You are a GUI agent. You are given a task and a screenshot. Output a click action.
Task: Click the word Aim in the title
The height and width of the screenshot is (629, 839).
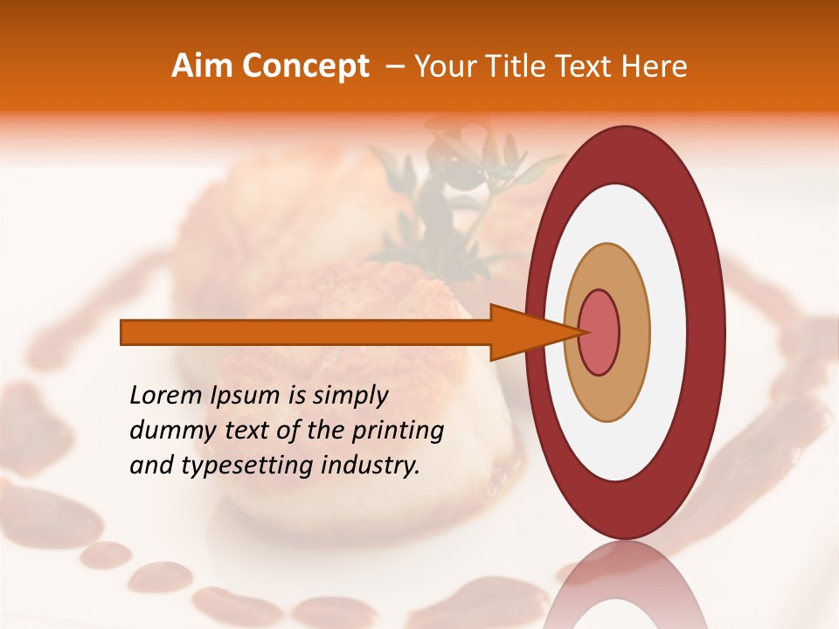point(203,66)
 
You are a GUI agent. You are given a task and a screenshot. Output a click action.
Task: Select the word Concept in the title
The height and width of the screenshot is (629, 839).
point(305,66)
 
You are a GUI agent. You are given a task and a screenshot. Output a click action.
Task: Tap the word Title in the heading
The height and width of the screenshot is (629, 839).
point(526,66)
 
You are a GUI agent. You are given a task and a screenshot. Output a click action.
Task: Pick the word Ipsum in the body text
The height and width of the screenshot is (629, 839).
point(245,397)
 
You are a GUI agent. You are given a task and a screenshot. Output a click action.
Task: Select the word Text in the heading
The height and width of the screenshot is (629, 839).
point(590,66)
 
